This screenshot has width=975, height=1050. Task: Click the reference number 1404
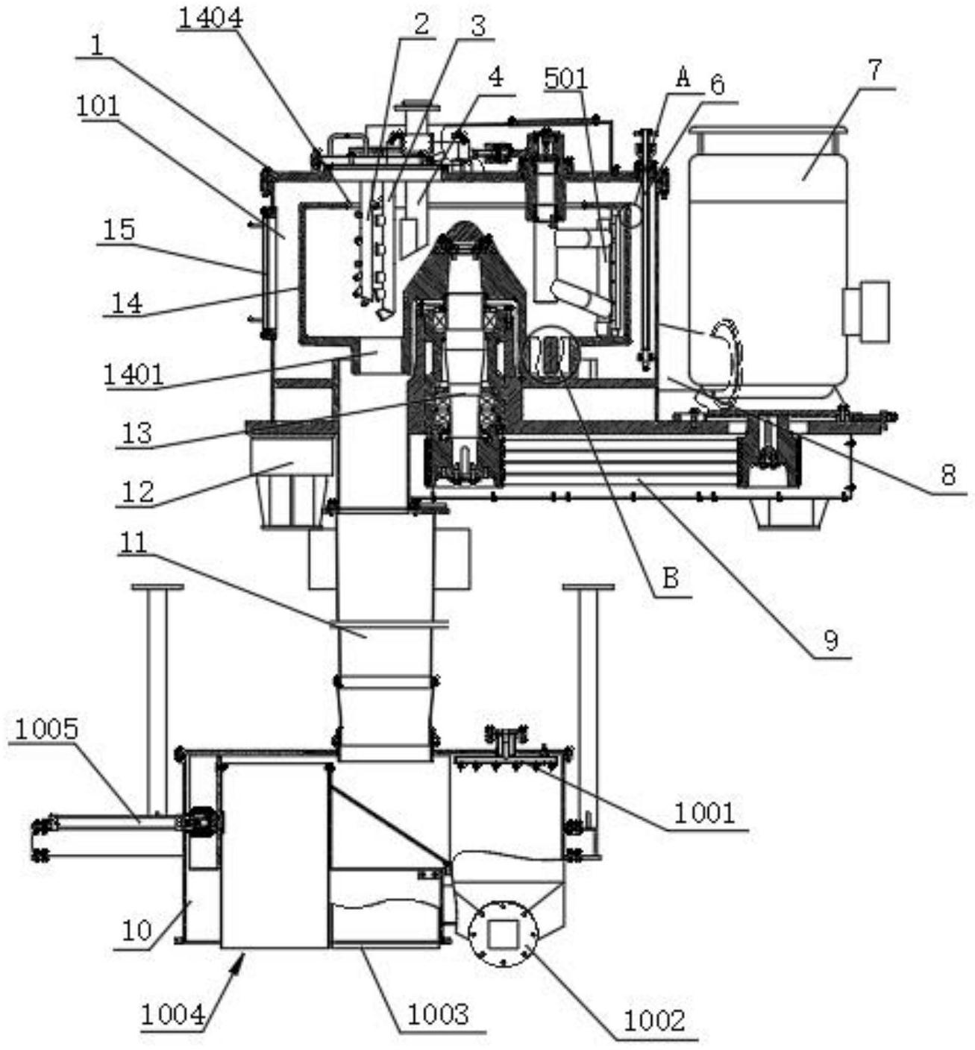click(x=211, y=19)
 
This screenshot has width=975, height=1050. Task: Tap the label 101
click(x=98, y=107)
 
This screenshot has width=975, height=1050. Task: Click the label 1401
click(x=134, y=375)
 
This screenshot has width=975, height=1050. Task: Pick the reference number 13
click(x=137, y=433)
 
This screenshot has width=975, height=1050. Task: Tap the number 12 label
click(x=137, y=491)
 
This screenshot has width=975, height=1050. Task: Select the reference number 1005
click(x=46, y=729)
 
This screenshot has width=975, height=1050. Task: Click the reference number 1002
click(x=654, y=1020)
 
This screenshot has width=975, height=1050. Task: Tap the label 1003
click(x=438, y=1014)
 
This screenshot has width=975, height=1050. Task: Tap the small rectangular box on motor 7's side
click(x=865, y=308)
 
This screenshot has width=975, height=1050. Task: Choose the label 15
click(x=119, y=230)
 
